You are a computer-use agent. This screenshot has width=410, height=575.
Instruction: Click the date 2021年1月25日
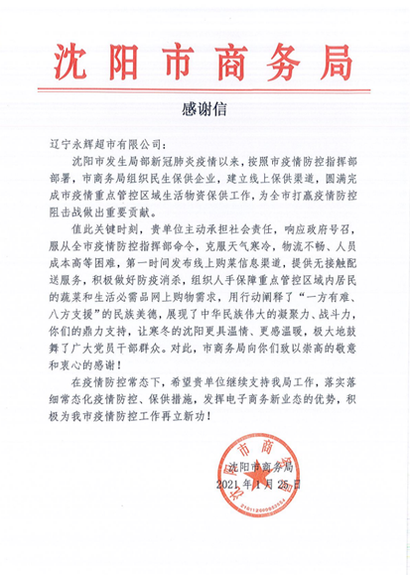pyautogui.click(x=256, y=486)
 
